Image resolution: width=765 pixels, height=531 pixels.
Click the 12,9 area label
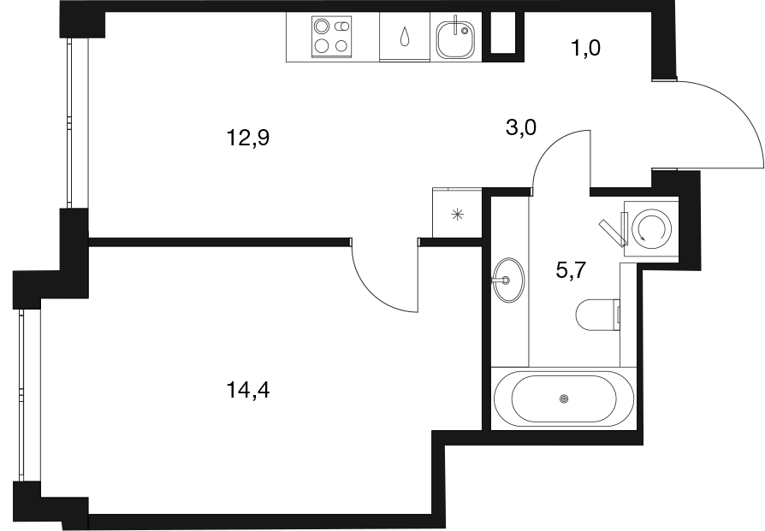click(248, 139)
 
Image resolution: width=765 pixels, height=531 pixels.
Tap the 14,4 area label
click(248, 390)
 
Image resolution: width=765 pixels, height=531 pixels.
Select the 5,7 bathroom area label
click(571, 269)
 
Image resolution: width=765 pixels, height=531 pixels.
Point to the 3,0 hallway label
click(521, 128)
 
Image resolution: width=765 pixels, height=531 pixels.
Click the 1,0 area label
click(585, 48)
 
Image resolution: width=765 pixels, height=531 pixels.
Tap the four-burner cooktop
click(332, 37)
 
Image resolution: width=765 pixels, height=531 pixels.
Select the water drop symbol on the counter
click(405, 37)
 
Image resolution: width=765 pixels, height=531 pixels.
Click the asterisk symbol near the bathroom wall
click(457, 214)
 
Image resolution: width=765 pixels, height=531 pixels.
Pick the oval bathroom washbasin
click(508, 280)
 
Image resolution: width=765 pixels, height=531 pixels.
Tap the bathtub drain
click(565, 398)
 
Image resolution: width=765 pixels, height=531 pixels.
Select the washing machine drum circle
click(651, 228)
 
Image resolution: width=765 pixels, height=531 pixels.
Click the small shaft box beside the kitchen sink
click(503, 37)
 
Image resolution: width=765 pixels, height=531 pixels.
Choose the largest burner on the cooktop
click(321, 26)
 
